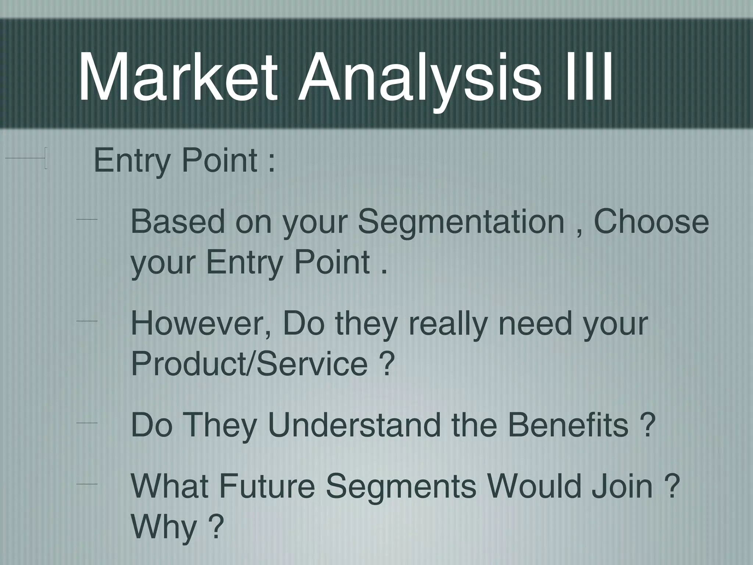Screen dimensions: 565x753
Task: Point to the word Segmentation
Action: click(x=461, y=223)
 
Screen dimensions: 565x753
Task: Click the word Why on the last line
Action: click(x=164, y=527)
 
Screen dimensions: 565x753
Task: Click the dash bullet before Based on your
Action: click(x=87, y=220)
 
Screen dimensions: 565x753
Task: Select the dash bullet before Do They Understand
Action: click(x=87, y=423)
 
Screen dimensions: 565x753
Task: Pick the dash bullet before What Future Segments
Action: click(x=87, y=485)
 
